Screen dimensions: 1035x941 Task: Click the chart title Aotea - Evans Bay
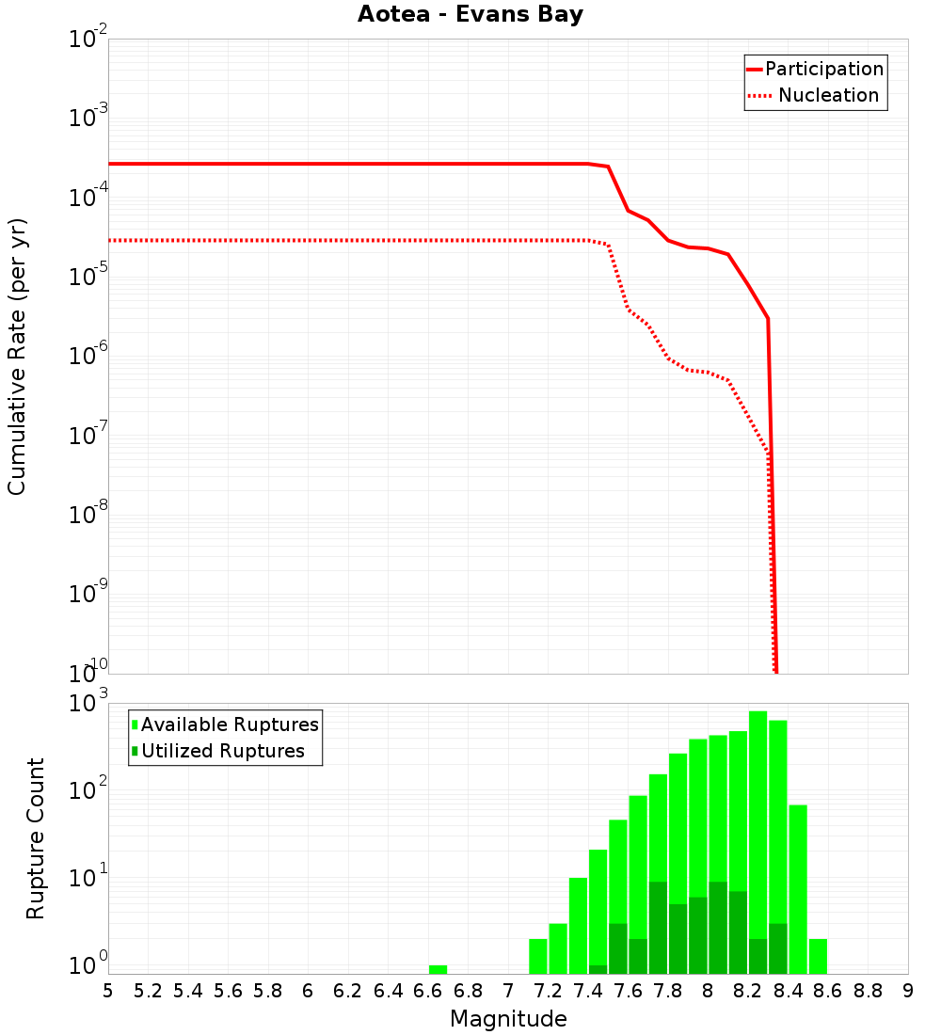(x=470, y=15)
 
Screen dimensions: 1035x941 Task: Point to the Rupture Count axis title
(x=36, y=838)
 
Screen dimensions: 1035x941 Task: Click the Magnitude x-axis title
(x=508, y=1019)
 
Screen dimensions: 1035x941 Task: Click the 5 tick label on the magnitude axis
(x=108, y=991)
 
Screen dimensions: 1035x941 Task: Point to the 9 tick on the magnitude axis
(x=908, y=991)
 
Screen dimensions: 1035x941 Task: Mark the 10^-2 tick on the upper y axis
(x=87, y=40)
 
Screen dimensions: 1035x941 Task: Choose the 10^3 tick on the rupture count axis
(x=87, y=704)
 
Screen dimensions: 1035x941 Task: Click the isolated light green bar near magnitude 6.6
(x=438, y=969)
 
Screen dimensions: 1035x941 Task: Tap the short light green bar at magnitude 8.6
(x=818, y=956)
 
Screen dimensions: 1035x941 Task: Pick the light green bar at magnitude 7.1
(x=538, y=956)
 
